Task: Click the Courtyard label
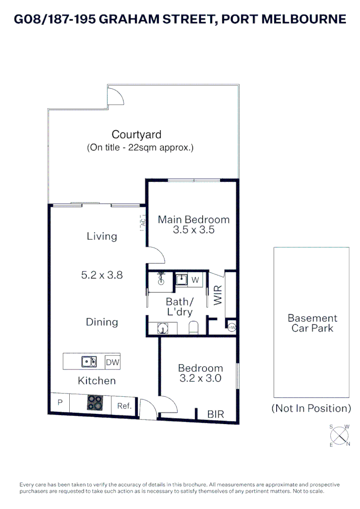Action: (x=136, y=134)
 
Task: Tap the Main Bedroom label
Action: (x=194, y=220)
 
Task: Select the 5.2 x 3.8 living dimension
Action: (x=102, y=275)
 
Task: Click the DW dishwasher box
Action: (x=113, y=362)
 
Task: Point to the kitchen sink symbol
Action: (x=89, y=361)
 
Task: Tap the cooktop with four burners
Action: (x=95, y=402)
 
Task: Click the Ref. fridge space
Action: (x=124, y=406)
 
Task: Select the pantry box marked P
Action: (x=60, y=402)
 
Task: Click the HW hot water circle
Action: (x=232, y=328)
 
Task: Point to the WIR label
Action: (x=218, y=295)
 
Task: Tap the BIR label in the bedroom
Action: (x=215, y=414)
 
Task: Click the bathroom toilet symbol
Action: (x=194, y=328)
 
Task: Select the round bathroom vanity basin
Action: (x=163, y=328)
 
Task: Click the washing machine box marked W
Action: (x=195, y=280)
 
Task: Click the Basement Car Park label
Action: (x=312, y=323)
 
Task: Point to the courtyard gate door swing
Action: (x=117, y=96)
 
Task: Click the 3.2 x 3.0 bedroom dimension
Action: (x=201, y=378)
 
